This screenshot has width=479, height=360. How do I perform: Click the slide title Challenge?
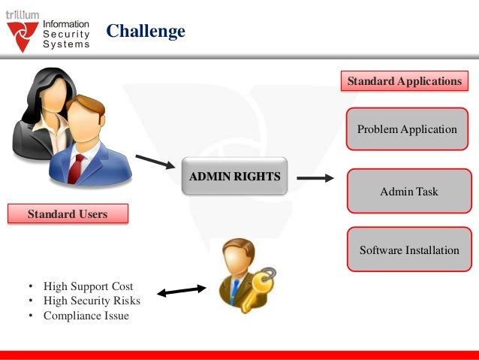(x=145, y=31)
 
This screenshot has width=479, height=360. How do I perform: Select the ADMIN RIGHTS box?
(x=234, y=177)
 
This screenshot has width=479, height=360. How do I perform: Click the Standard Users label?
(x=68, y=214)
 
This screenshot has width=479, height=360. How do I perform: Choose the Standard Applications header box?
(x=404, y=81)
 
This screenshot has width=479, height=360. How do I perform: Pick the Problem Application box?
(x=407, y=129)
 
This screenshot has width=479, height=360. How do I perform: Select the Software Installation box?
(x=408, y=250)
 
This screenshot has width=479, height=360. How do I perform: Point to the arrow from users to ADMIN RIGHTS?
(x=155, y=162)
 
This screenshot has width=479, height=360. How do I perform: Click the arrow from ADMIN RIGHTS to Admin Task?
(x=315, y=179)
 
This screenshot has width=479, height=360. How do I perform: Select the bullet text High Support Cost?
(x=88, y=286)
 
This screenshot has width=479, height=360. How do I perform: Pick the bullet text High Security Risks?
(x=92, y=301)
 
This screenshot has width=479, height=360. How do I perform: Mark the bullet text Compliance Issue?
(x=86, y=316)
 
